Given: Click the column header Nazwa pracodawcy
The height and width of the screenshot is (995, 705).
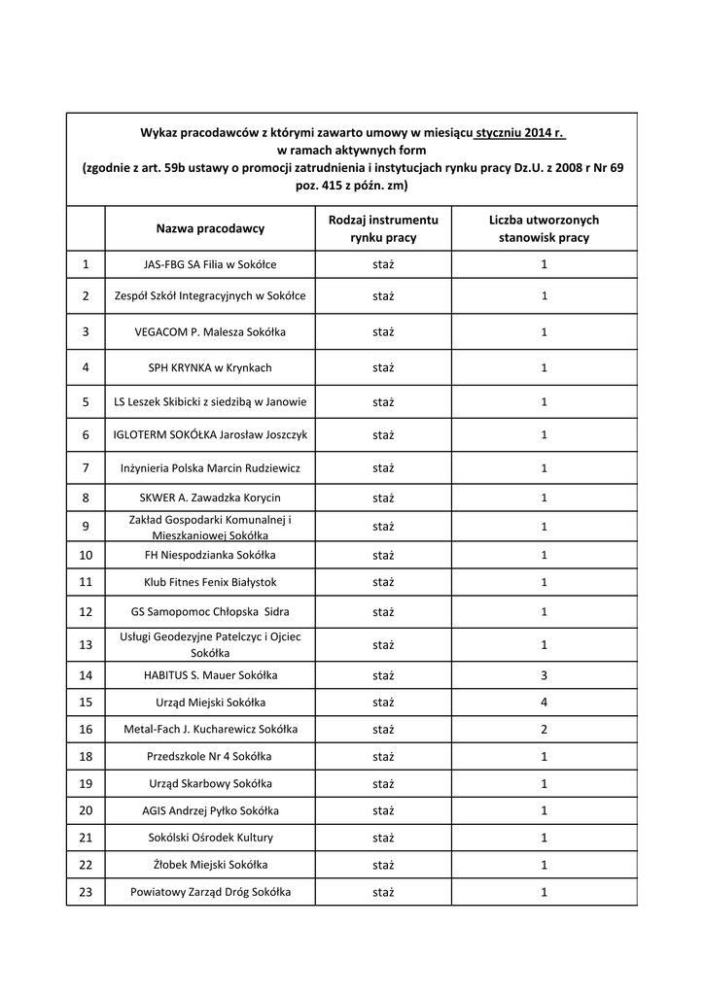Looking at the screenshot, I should pyautogui.click(x=209, y=228).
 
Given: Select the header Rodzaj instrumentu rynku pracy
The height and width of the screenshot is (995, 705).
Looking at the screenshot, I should pyautogui.click(x=382, y=228).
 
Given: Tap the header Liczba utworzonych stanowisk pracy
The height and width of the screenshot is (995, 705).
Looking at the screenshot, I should pyautogui.click(x=544, y=228).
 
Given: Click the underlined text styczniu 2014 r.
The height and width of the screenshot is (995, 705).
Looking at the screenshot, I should pyautogui.click(x=520, y=131).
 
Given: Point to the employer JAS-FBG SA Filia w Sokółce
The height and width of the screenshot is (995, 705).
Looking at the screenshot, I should pyautogui.click(x=209, y=264).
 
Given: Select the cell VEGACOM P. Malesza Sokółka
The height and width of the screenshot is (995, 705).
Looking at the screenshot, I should pyautogui.click(x=209, y=331).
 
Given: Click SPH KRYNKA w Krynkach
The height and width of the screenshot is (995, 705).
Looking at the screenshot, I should pyautogui.click(x=209, y=367).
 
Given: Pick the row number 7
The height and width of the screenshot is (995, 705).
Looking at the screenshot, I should pyautogui.click(x=86, y=468).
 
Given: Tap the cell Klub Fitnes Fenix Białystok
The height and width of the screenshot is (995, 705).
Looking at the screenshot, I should pyautogui.click(x=209, y=582).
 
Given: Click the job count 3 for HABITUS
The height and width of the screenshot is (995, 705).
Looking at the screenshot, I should pyautogui.click(x=544, y=675).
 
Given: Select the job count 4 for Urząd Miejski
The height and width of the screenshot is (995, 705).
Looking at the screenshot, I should pyautogui.click(x=544, y=703).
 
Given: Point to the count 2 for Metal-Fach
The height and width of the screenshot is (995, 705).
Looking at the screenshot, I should pyautogui.click(x=544, y=729).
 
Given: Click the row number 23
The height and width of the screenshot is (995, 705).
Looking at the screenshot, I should pyautogui.click(x=86, y=892).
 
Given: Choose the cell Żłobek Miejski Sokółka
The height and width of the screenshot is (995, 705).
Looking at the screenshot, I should pyautogui.click(x=209, y=865).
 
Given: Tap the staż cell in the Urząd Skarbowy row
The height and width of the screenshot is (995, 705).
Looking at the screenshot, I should pyautogui.click(x=382, y=784).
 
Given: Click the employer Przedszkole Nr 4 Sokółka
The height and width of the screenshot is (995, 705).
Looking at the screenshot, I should pyautogui.click(x=209, y=757).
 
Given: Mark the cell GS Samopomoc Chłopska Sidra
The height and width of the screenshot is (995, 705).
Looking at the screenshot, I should pyautogui.click(x=209, y=612).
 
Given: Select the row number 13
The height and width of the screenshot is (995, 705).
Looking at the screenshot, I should pyautogui.click(x=86, y=644).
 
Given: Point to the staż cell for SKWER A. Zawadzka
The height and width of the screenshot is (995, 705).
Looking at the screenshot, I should pyautogui.click(x=382, y=497).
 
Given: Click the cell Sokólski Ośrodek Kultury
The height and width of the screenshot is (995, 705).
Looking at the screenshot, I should pyautogui.click(x=209, y=838).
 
